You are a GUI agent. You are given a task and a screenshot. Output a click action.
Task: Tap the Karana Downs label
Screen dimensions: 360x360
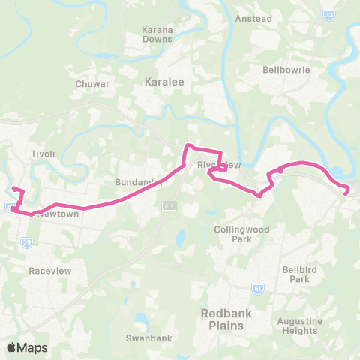click(158, 34)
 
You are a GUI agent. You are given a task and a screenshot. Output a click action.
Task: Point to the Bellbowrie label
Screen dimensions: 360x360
click(286, 70)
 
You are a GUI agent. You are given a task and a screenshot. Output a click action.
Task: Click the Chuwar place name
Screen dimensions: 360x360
click(92, 84)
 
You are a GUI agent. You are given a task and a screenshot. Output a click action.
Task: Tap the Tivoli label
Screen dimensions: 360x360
click(43, 154)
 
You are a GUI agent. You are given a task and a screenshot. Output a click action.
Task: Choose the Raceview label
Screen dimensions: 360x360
click(49, 269)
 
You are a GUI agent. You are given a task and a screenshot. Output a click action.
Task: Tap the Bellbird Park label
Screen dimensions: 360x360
click(295, 274)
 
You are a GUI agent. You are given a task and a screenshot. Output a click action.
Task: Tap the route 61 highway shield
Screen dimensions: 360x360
click(259, 286)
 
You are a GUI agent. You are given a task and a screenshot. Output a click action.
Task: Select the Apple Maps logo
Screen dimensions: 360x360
click(27, 347)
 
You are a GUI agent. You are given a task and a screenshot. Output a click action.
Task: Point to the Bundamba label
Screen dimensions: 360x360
click(133, 182)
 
